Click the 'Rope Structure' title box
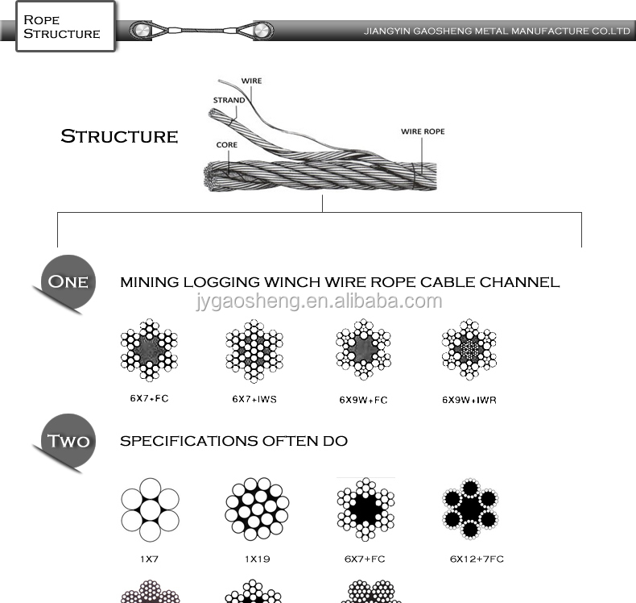62,27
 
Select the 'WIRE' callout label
252,81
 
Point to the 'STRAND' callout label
229,100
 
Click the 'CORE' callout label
226,145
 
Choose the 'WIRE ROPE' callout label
423,131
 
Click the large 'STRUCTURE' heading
119,136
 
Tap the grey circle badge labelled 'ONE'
68,282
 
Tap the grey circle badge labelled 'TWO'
68,441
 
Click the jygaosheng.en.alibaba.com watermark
319,301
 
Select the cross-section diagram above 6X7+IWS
254,350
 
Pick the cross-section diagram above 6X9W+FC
363,350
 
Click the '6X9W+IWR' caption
469,399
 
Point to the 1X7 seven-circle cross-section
149,509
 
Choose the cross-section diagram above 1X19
256,509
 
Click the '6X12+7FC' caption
477,559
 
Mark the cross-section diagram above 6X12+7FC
470,509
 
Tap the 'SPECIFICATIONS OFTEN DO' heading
233,441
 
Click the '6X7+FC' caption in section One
149,398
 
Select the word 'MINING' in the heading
149,282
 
